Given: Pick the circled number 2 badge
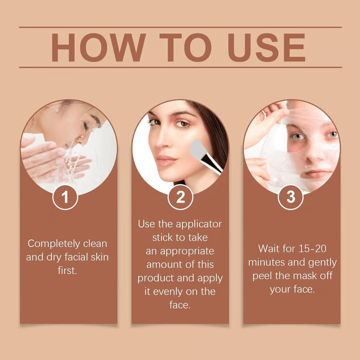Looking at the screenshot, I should point(180,197).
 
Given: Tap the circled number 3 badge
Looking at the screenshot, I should point(292,197).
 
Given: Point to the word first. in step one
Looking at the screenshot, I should point(67,270).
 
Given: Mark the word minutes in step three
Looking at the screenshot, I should point(267,262).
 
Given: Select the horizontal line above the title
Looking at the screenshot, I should point(180,27).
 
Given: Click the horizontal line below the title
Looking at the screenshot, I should point(180,67).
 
